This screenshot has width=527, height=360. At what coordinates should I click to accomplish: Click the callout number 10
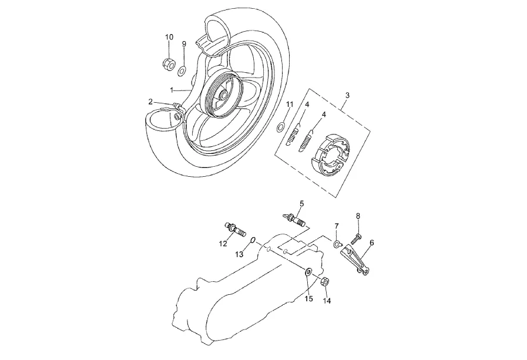(x=169, y=37)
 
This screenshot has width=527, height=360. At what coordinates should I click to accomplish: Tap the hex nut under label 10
(x=167, y=62)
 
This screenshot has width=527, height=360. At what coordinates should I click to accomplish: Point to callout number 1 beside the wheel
(x=172, y=90)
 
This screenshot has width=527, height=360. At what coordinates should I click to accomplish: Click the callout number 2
(x=150, y=102)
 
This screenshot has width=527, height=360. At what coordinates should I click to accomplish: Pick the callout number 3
(x=347, y=95)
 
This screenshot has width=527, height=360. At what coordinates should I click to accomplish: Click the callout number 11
(x=290, y=105)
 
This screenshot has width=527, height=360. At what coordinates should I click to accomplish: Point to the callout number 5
(x=301, y=203)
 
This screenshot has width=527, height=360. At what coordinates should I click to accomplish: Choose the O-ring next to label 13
(x=253, y=240)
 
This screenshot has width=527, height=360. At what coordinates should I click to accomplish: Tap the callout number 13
(x=240, y=254)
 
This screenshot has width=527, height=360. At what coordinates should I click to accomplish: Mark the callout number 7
(x=337, y=226)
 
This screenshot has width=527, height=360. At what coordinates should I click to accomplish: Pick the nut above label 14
(x=324, y=281)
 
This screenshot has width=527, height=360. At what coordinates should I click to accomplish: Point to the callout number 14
(x=327, y=300)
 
